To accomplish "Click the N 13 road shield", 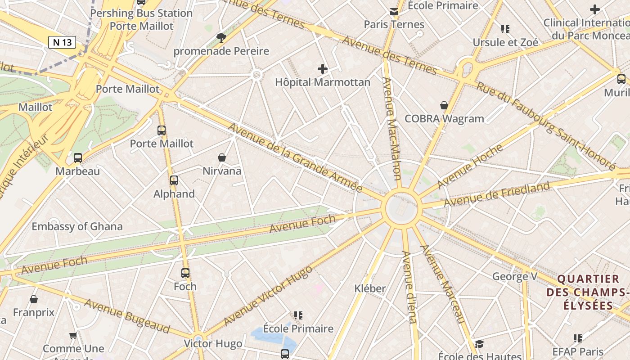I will [62, 42].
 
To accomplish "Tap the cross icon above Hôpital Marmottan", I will [322, 69].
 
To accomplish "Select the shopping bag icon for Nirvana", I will [222, 157].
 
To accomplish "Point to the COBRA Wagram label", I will [444, 119].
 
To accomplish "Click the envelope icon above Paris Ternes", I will [394, 12].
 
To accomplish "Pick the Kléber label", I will [370, 288].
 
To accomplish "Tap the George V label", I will [514, 276].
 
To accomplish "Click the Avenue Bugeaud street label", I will [127, 316].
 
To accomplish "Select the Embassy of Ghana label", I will [77, 226].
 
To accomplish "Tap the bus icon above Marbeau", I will [78, 158].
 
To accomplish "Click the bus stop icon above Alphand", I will [174, 180].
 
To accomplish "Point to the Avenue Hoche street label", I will [470, 166].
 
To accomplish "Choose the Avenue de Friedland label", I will [497, 194].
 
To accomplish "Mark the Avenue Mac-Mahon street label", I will [391, 128].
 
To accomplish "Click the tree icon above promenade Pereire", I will [221, 37].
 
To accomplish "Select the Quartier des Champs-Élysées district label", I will [588, 292].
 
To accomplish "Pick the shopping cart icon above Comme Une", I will [73, 335].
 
